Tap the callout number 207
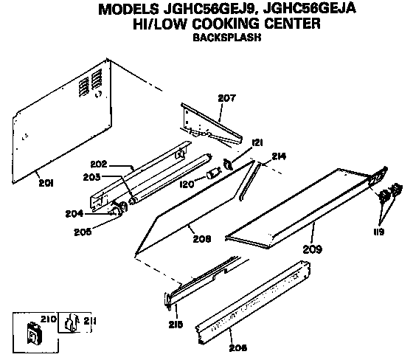pyautogui.click(x=226, y=98)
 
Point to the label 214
pyautogui.click(x=278, y=156)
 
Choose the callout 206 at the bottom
pyautogui.click(x=238, y=347)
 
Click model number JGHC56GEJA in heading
pyautogui.click(x=327, y=9)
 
